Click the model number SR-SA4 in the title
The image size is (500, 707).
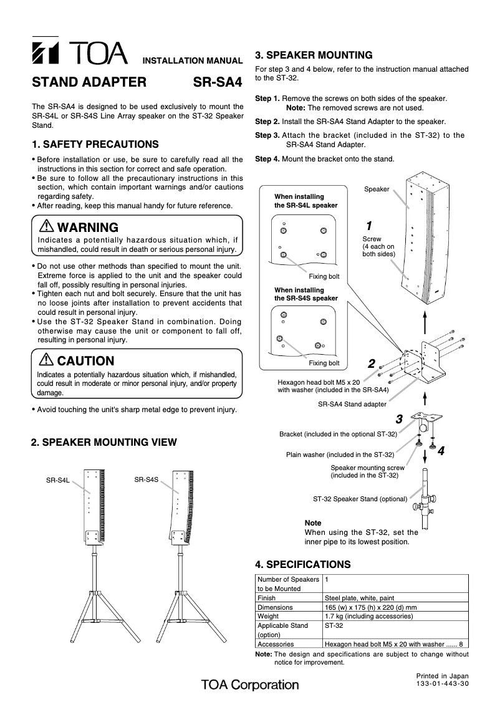coord(217,82)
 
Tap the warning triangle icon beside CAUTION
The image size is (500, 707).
coord(46,360)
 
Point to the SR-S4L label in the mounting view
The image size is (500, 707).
coord(57,481)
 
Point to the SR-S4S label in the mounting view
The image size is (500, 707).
coord(147,479)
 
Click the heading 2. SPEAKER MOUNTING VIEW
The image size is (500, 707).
coord(104,442)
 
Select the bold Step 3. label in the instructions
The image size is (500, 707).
coord(267,135)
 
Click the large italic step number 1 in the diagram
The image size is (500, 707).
coord(368,225)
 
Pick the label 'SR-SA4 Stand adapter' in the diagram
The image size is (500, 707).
coord(352,404)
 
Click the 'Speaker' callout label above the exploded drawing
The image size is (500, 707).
coord(377,189)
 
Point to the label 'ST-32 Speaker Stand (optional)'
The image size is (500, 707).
coord(360,499)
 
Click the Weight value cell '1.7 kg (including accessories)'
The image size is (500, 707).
coord(369,615)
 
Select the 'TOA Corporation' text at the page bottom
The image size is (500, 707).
coord(250,685)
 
